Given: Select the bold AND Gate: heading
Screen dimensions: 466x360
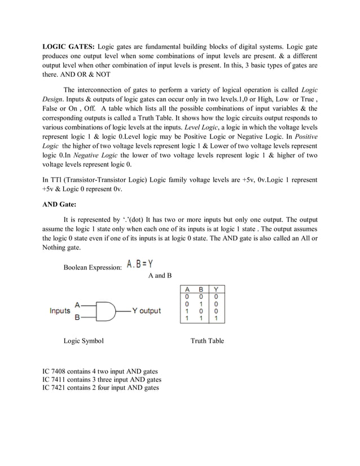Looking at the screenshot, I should pyautogui.click(x=61, y=205).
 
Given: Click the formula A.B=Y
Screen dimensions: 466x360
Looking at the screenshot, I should pyautogui.click(x=142, y=264).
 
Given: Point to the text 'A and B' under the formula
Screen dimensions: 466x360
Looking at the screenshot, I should pyautogui.click(x=160, y=275).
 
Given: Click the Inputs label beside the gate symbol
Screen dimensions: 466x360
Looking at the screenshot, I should pyautogui.click(x=60, y=310).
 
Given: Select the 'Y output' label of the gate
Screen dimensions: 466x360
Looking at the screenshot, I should pyautogui.click(x=147, y=310).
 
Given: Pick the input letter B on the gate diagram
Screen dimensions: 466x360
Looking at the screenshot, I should pyautogui.click(x=77, y=317).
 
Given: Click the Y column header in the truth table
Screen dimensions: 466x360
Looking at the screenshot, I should pyautogui.click(x=217, y=289).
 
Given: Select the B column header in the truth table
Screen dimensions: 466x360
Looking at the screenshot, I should pyautogui.click(x=201, y=289).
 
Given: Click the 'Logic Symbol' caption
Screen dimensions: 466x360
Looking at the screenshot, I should pyautogui.click(x=84, y=341).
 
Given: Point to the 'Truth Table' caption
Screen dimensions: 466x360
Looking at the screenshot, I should pyautogui.click(x=207, y=341).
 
